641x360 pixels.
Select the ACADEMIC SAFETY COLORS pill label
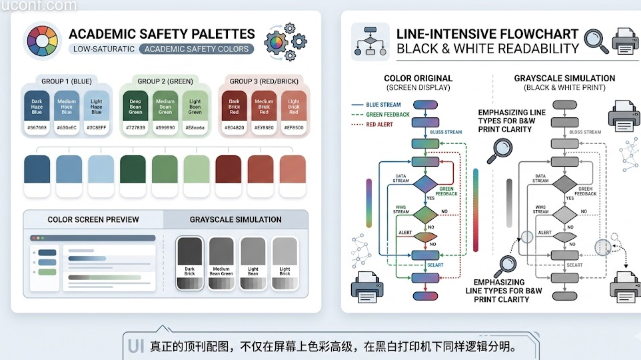[x=197, y=49]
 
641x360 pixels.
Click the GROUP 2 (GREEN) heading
[x=165, y=81]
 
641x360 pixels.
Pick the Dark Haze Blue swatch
[x=37, y=107]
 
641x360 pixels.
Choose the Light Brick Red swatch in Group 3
[x=293, y=107]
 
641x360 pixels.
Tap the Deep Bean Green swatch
[x=135, y=107]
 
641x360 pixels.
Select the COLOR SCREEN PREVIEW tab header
[x=93, y=219]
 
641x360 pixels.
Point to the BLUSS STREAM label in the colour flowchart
[x=446, y=132]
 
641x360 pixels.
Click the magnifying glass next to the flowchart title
[x=596, y=41]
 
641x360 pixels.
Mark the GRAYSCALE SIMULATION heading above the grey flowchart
[x=564, y=79]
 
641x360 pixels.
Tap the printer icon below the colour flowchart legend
[x=367, y=285]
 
